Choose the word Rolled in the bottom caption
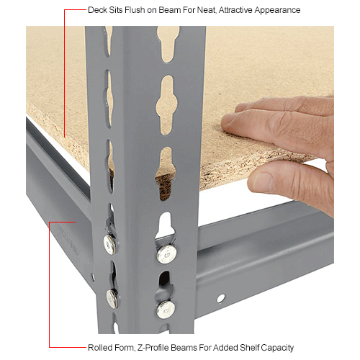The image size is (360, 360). coord(102,347)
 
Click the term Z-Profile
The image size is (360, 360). coord(157,347)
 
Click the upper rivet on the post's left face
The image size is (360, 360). coord(110,244)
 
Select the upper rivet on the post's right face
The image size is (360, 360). coord(166,253)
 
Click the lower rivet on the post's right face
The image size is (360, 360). coord(166,309)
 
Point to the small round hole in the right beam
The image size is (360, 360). coord(220,298)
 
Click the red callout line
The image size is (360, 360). coord(49,288)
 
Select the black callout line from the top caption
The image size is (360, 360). coord(64,72)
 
